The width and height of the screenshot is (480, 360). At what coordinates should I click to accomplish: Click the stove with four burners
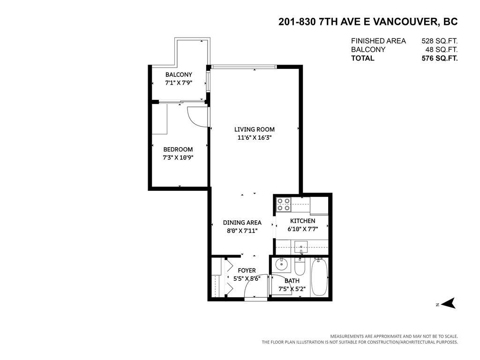pyautogui.click(x=283, y=204)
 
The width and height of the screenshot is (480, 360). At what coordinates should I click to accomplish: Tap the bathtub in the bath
pyautogui.click(x=320, y=277)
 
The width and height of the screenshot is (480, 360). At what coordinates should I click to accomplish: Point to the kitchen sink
pyautogui.click(x=300, y=246)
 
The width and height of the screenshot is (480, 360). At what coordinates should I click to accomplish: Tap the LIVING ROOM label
pyautogui.click(x=255, y=129)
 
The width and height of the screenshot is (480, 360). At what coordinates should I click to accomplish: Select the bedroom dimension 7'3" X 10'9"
pyautogui.click(x=178, y=157)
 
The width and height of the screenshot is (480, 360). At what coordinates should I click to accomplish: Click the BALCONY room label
pyautogui.click(x=179, y=75)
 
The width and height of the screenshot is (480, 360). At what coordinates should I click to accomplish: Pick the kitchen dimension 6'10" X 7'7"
pyautogui.click(x=302, y=229)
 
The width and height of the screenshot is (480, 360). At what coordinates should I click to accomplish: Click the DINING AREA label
pyautogui.click(x=242, y=223)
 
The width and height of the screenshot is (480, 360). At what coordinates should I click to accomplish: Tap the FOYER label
pyautogui.click(x=247, y=270)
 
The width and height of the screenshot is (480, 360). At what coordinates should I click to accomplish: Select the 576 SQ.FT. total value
pyautogui.click(x=439, y=58)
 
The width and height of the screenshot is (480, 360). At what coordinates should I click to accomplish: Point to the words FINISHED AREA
pyautogui.click(x=378, y=41)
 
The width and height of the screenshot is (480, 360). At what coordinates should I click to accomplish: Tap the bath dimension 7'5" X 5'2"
pyautogui.click(x=292, y=289)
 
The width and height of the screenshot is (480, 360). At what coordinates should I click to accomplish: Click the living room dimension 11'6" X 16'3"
pyautogui.click(x=255, y=138)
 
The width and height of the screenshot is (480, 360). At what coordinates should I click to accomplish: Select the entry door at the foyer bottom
pyautogui.click(x=256, y=299)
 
